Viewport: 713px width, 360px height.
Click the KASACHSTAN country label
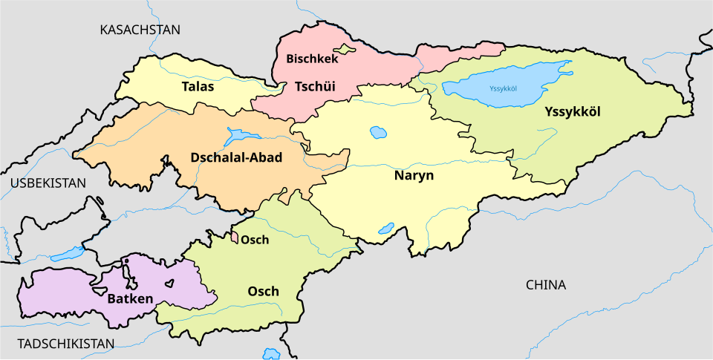[x=140, y=30]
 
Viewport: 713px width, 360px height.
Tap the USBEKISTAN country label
[x=48, y=183]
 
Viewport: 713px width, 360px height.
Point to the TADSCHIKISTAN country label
[x=66, y=344]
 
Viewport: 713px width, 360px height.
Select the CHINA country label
[x=546, y=285]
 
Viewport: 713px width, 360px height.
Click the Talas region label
[x=198, y=87]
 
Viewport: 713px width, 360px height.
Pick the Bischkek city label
[x=312, y=59]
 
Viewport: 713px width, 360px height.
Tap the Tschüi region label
[x=315, y=87]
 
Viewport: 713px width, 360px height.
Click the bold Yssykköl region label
[x=572, y=111]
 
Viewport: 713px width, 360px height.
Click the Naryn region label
[x=413, y=177]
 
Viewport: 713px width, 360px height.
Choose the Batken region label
[x=130, y=299]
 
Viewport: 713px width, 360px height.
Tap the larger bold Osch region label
[x=263, y=291]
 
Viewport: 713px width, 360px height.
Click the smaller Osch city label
[x=255, y=240]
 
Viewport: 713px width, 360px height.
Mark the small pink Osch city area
[x=235, y=238]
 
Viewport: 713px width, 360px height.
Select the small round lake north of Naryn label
[x=378, y=134]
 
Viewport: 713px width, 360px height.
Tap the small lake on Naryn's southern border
[x=386, y=229]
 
